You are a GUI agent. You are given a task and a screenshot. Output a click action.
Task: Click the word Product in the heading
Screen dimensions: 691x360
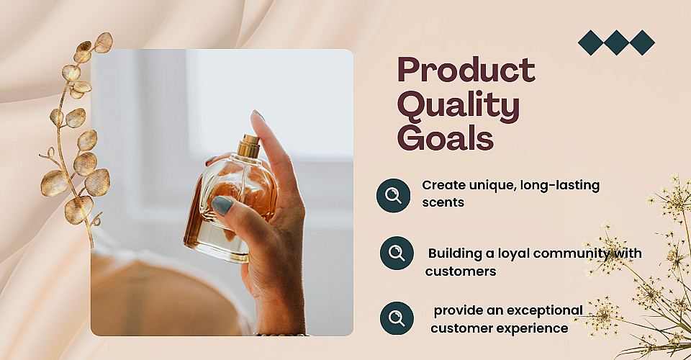(x=466, y=70)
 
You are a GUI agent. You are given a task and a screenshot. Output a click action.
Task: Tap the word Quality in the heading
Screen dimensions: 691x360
(x=459, y=106)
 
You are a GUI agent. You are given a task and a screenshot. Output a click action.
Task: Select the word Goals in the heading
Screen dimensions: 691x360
(x=446, y=138)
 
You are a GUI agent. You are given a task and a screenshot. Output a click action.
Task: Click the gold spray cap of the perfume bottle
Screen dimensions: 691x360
(x=248, y=146)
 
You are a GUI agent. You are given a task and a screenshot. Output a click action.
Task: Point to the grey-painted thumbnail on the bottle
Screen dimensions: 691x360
(x=222, y=205)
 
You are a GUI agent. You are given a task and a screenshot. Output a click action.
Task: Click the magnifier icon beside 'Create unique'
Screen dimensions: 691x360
(x=393, y=195)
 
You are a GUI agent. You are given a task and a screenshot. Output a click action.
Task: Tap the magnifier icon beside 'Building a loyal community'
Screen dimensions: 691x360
(x=397, y=253)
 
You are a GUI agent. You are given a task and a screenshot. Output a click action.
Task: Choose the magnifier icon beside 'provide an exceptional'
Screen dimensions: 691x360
(x=397, y=318)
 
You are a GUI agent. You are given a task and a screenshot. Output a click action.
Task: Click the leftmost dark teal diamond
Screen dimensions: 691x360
(x=590, y=42)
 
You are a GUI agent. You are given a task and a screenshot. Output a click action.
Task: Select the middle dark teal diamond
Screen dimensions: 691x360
(x=617, y=42)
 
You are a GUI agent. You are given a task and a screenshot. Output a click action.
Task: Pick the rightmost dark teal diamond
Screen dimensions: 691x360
(x=642, y=42)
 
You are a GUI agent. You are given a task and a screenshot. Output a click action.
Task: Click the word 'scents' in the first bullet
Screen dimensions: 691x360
(x=443, y=203)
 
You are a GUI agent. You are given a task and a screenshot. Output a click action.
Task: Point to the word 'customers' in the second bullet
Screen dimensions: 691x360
(x=461, y=271)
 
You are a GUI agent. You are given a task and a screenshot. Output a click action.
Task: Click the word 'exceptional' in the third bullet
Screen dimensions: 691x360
(x=545, y=310)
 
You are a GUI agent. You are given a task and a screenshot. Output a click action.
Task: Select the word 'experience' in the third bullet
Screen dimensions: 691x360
(x=533, y=329)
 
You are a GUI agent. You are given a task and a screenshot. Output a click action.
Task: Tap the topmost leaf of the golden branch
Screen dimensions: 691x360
(x=104, y=42)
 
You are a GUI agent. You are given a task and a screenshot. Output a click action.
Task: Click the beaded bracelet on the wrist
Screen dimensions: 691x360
(x=282, y=335)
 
